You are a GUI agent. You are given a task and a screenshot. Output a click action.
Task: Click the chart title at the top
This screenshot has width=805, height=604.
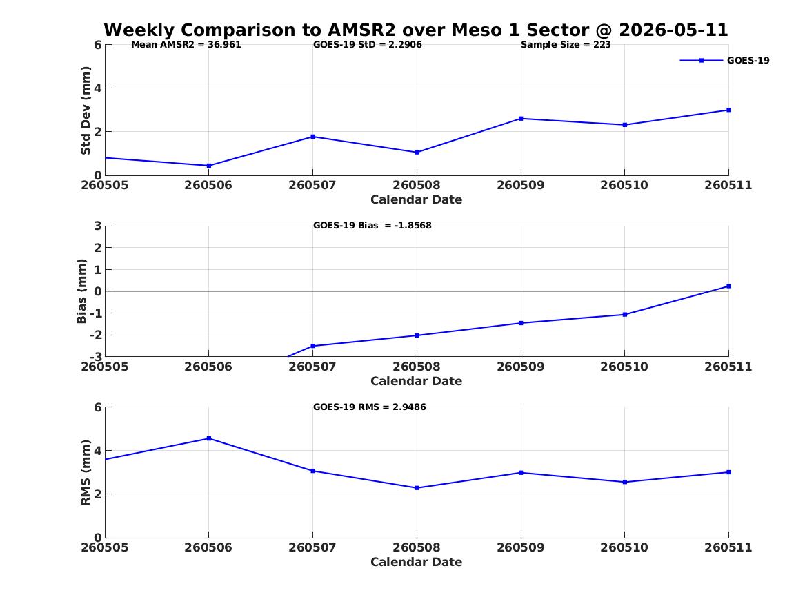pos(416,30)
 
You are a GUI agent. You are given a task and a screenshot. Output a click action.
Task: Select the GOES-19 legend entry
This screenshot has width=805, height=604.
pos(724,60)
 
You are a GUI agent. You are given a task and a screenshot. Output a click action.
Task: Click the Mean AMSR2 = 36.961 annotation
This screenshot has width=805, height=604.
pos(186,45)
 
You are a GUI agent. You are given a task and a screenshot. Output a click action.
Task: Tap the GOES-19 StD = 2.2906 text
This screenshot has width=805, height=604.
pos(368,45)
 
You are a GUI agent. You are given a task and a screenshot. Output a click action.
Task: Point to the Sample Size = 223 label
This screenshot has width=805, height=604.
pos(566,45)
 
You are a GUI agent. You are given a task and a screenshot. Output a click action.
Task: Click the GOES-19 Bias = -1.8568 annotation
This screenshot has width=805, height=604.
pos(372,226)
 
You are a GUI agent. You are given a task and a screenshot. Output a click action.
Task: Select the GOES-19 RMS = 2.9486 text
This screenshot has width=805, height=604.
pos(370,407)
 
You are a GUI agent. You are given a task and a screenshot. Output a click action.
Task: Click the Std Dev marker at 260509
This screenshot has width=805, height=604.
pos(521,119)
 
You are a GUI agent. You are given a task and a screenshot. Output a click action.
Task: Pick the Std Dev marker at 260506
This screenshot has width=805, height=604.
pos(208,166)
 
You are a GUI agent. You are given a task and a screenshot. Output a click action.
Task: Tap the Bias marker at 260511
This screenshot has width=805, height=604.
pos(728,286)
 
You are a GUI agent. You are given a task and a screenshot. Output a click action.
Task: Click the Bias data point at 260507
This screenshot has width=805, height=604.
pos(312,346)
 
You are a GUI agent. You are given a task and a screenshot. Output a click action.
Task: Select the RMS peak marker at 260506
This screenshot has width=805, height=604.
pos(208,438)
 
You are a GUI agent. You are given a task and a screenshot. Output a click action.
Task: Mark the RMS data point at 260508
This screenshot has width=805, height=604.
pos(417,488)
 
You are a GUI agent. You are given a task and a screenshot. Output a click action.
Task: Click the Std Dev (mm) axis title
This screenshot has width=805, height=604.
pos(86,110)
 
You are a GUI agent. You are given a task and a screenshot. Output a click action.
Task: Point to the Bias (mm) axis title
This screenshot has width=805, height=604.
pos(81,291)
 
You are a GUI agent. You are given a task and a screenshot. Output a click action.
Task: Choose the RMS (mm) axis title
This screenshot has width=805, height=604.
pos(86,473)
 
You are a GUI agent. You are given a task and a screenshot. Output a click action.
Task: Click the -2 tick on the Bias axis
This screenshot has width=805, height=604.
pos(96,335)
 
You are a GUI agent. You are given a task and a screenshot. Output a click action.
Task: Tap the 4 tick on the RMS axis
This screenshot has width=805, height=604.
pos(98,451)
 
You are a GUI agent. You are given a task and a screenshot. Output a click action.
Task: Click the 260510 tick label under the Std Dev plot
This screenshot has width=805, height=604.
pos(624,186)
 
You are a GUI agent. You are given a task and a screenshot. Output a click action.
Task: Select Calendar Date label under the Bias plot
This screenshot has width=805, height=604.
pos(417,381)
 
